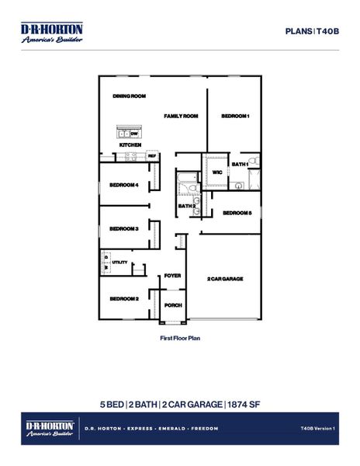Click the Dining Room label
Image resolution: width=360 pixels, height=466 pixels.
pyautogui.click(x=130, y=96)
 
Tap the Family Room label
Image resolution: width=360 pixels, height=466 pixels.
pyautogui.click(x=181, y=116)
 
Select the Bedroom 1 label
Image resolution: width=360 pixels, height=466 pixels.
pyautogui.click(x=235, y=116)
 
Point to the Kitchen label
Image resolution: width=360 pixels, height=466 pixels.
pyautogui.click(x=130, y=145)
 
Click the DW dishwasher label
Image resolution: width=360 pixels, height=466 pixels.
pyautogui.click(x=134, y=134)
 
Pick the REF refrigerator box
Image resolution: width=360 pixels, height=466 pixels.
pyautogui.click(x=152, y=156)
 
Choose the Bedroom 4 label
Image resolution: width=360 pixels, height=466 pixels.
pyautogui.click(x=124, y=185)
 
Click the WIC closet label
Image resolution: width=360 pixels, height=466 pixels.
pyautogui.click(x=217, y=172)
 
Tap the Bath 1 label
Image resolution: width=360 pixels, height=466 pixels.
pyautogui.click(x=240, y=164)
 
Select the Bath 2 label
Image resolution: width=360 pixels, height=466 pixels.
pyautogui.click(x=186, y=206)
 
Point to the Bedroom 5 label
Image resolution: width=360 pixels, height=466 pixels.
pyautogui.click(x=237, y=213)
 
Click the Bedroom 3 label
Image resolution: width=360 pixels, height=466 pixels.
pyautogui.click(x=124, y=228)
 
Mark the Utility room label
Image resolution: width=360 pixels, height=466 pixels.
pyautogui.click(x=119, y=263)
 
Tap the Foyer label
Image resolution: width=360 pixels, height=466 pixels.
pyautogui.click(x=172, y=275)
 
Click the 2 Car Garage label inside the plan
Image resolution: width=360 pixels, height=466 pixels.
pyautogui.click(x=225, y=278)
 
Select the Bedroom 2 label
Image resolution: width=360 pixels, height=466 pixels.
pyautogui.click(x=124, y=299)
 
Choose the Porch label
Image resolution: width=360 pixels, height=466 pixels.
pyautogui.click(x=173, y=305)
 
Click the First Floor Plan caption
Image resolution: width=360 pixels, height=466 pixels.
pyautogui.click(x=180, y=339)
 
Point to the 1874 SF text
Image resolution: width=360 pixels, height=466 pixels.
pyautogui.click(x=244, y=404)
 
